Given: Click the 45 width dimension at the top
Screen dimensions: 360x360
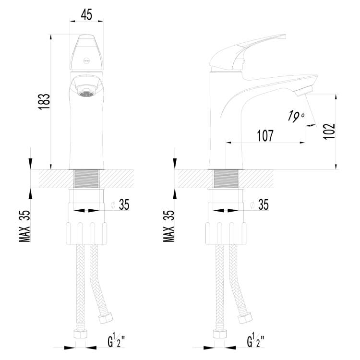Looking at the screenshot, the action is click(86, 14).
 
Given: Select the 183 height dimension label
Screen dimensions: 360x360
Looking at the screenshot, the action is click(44, 101).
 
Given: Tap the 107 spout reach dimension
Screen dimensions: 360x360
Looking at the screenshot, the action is click(265, 135).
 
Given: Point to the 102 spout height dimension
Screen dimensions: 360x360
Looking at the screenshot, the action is click(329, 131).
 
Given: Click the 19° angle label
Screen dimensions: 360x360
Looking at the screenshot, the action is click(296, 116).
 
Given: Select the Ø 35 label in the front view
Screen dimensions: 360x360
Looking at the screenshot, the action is click(120, 204).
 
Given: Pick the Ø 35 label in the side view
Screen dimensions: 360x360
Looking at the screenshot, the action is click(259, 204).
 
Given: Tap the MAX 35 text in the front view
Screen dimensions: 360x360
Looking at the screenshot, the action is click(24, 226).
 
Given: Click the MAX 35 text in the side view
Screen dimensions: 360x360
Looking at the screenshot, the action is click(169, 226).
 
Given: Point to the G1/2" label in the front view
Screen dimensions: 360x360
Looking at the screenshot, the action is click(117, 341).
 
